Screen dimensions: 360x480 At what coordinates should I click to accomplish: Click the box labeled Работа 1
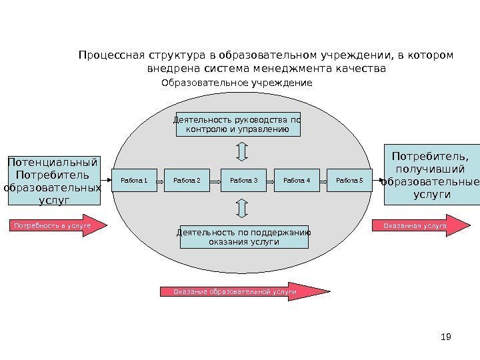(133, 180)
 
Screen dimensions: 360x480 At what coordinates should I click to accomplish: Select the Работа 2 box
(187, 180)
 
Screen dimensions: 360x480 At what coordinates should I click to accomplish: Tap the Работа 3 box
(243, 180)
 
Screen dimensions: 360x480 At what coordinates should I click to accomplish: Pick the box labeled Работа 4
(297, 180)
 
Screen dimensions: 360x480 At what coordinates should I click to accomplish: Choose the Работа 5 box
(349, 180)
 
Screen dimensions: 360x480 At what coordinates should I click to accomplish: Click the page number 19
(447, 337)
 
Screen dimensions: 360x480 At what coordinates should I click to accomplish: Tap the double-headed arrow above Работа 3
(243, 152)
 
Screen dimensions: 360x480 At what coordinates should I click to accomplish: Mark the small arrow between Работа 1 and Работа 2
(160, 181)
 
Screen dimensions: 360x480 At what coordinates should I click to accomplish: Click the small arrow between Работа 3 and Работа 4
(270, 181)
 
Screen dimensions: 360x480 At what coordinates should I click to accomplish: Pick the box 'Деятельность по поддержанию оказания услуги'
(244, 237)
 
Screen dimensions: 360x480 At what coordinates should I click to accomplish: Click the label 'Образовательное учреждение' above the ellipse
(237, 83)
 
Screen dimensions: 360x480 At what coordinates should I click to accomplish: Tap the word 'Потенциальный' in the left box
(52, 162)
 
